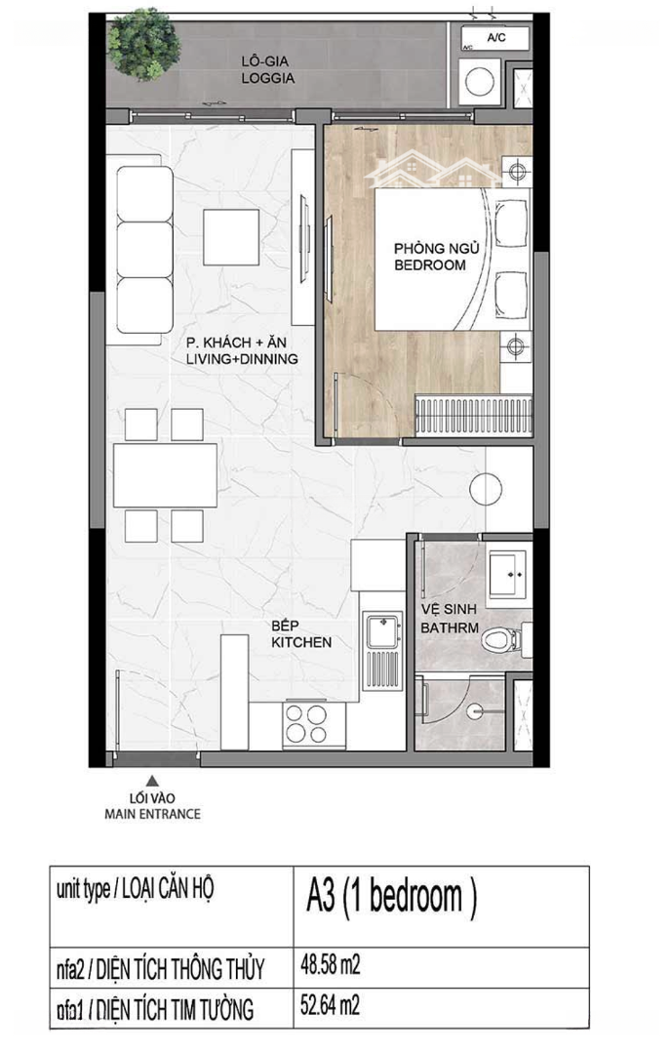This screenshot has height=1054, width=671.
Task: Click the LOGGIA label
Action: (267, 78)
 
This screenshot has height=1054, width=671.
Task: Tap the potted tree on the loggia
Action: (143, 44)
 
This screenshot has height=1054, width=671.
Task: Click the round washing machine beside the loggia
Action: (480, 82)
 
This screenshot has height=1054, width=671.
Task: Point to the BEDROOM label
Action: (430, 264)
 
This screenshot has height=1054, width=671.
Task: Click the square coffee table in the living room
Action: (231, 237)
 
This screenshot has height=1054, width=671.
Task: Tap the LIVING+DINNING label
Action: (242, 359)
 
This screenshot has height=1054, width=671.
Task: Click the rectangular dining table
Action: (165, 474)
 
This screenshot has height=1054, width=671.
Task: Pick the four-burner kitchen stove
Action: (305, 724)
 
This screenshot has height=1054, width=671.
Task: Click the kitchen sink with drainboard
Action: (382, 650)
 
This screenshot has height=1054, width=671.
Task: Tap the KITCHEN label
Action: (301, 642)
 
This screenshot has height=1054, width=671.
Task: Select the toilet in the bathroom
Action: (501, 638)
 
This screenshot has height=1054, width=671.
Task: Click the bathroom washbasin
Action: (508, 575)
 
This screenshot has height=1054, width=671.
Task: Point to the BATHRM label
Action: (450, 628)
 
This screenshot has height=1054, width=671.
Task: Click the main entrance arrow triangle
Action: (152, 781)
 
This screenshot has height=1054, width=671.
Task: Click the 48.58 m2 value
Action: (331, 966)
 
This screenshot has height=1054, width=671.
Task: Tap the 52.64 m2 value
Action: (330, 1005)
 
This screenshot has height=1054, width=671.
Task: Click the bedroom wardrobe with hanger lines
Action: (474, 414)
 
